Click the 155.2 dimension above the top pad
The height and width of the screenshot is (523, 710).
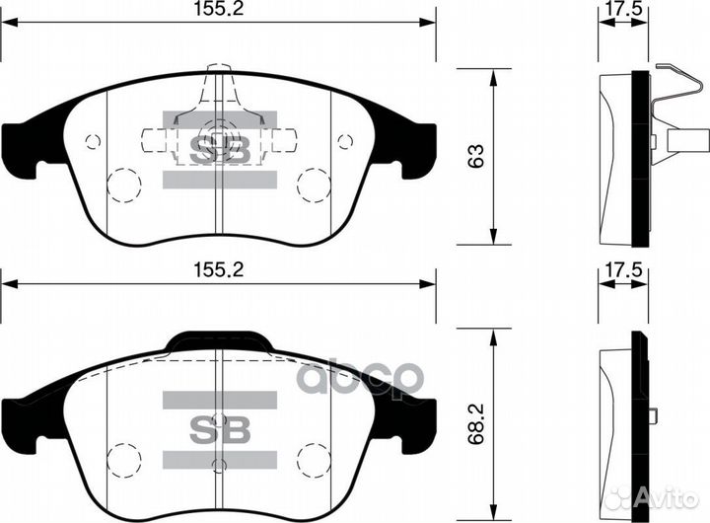click(x=219, y=9)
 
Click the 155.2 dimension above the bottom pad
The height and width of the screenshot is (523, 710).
click(x=219, y=270)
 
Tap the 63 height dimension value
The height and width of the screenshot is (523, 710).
click(x=476, y=156)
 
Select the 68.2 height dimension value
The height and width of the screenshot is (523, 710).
click(x=476, y=423)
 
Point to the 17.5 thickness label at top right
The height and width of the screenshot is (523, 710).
click(x=623, y=9)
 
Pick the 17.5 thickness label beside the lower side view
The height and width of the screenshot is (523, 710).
click(x=623, y=270)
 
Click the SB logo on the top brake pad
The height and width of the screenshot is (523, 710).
click(x=220, y=150)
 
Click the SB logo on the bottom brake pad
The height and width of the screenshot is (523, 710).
click(x=220, y=429)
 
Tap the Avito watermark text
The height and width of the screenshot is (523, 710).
click(x=665, y=499)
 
